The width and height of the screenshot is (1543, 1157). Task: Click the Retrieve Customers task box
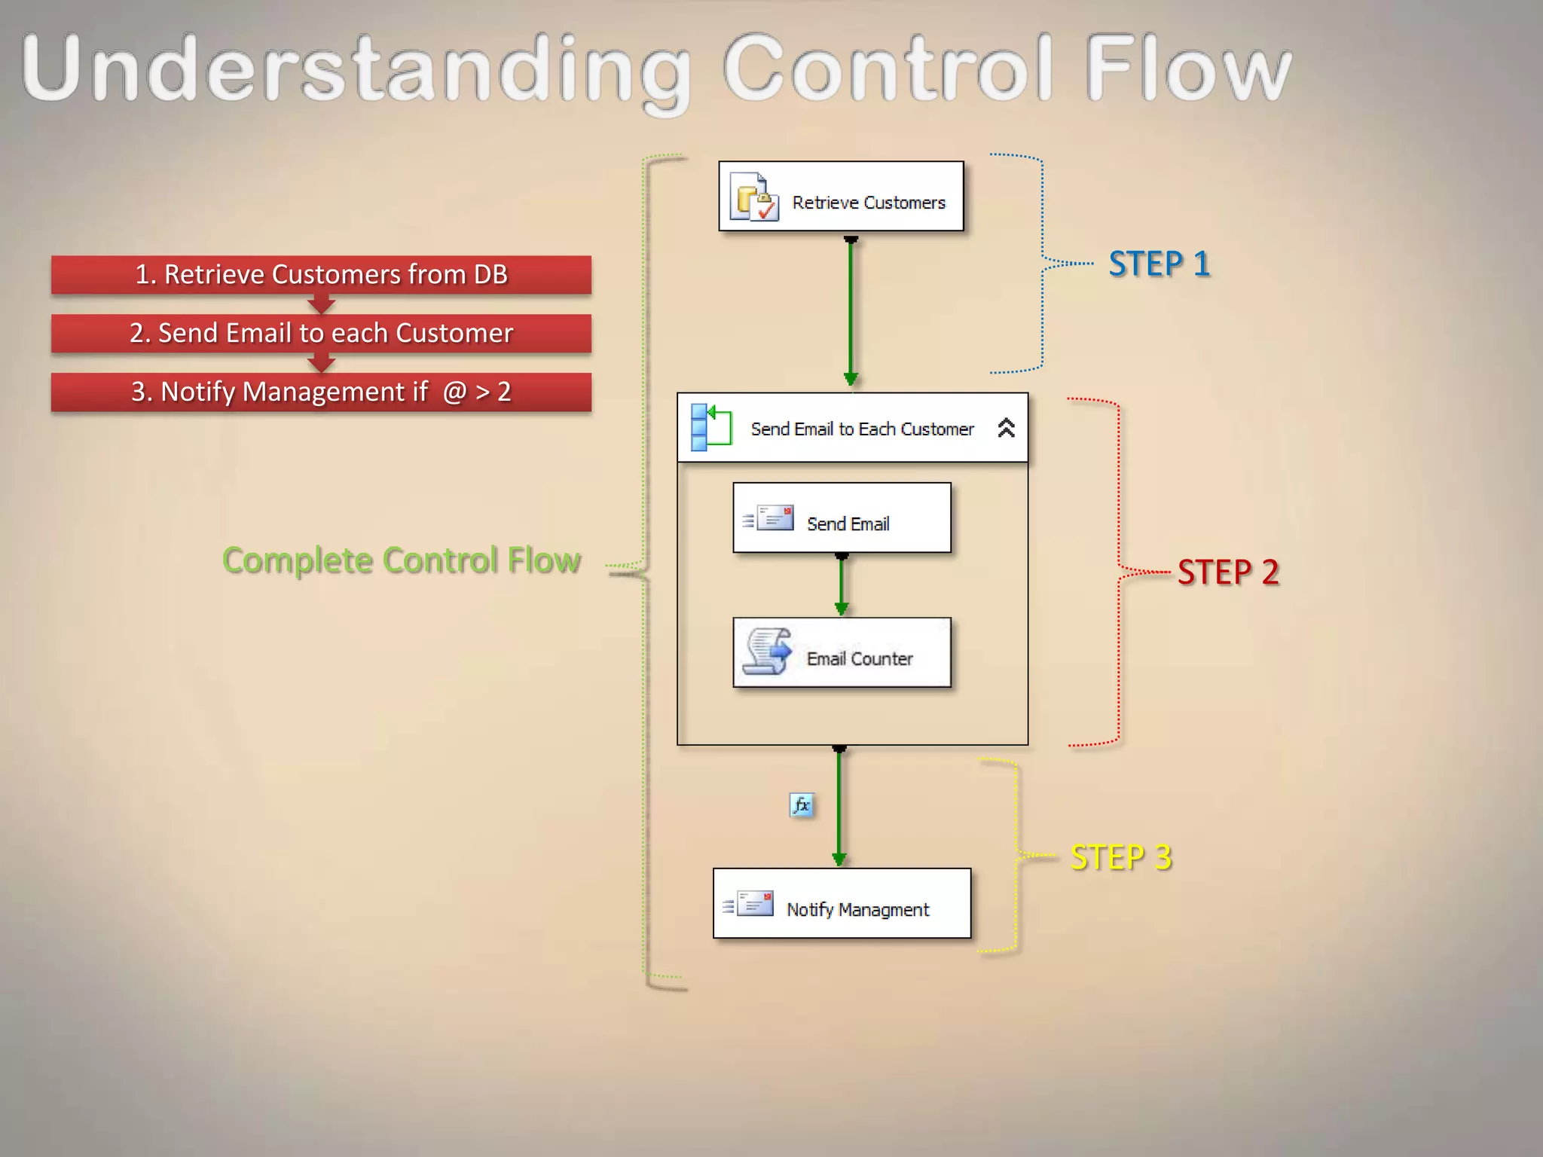[841, 196]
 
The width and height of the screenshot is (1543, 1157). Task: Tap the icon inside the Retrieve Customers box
[753, 197]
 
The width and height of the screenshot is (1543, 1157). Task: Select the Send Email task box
[842, 518]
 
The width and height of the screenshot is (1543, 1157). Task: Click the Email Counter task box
[842, 652]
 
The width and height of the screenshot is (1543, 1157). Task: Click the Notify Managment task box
[842, 903]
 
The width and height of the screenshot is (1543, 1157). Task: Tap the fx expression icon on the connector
[802, 805]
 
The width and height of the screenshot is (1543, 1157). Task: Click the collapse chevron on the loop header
[1006, 428]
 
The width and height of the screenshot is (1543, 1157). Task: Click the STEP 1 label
[1159, 264]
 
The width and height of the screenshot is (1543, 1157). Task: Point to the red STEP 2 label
[1228, 572]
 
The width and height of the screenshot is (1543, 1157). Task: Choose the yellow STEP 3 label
[1121, 857]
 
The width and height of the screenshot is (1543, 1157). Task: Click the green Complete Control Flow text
[402, 560]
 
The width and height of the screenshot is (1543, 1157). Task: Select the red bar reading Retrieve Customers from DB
[321, 274]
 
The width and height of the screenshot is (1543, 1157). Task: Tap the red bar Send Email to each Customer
[321, 333]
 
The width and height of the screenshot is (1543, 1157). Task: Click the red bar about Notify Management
[321, 392]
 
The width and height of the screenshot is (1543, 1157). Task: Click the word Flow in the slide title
[1187, 69]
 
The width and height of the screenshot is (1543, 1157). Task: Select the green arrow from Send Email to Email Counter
[842, 585]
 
